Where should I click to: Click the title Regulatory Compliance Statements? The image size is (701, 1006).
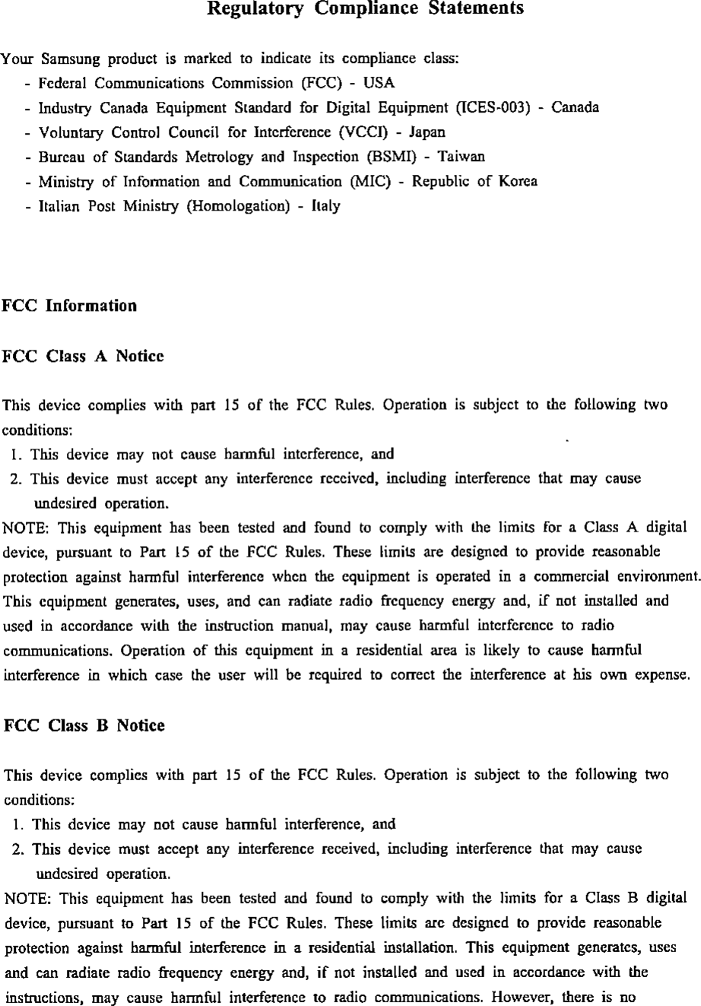366,9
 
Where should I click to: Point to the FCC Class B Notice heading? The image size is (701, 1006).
84,725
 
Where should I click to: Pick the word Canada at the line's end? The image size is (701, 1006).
576,107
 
